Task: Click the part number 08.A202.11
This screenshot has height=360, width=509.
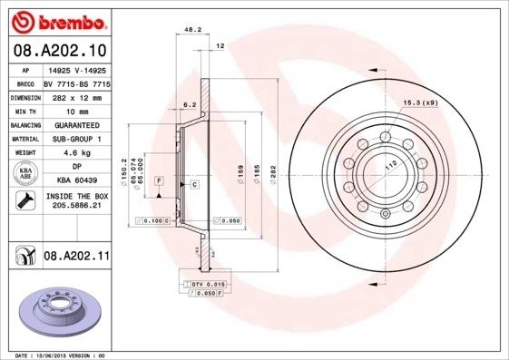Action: [x=76, y=258]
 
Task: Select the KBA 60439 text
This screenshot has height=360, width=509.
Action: [x=75, y=181]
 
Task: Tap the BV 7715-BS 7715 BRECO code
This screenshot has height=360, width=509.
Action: [x=75, y=82]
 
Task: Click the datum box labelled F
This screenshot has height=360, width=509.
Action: [x=159, y=182]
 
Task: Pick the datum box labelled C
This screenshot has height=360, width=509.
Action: [x=195, y=184]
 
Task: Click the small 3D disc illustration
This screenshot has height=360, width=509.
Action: [x=56, y=309]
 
